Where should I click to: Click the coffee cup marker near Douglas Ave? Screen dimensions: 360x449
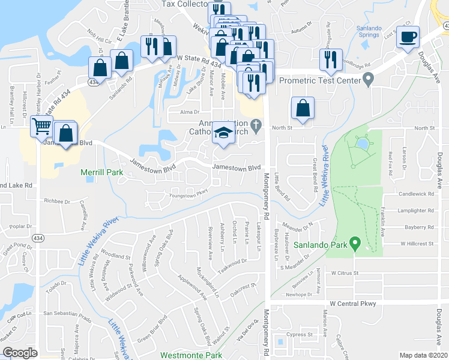point(409,36)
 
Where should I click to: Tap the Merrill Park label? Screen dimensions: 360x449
point(102,173)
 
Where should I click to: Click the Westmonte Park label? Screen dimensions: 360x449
point(188,355)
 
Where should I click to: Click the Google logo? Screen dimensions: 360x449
point(20,353)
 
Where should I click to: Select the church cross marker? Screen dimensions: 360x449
point(256,125)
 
